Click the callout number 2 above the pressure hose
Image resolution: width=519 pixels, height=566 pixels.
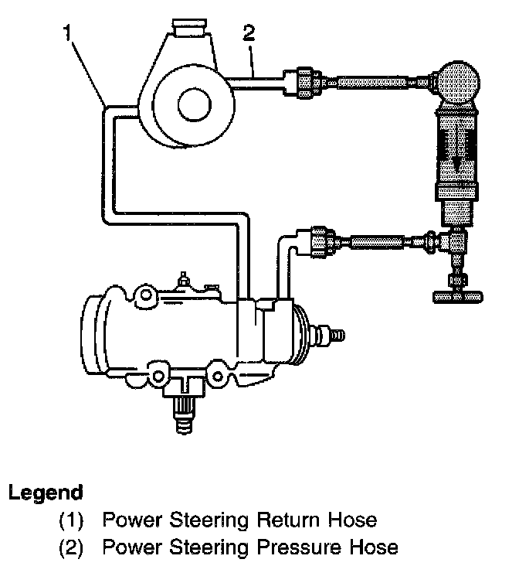[249, 32]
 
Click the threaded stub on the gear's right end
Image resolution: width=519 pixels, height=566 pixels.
[334, 335]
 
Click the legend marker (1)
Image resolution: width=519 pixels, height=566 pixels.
[75, 519]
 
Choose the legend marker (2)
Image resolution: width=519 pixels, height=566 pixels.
[75, 547]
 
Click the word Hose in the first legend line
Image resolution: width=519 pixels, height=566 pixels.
[348, 519]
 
